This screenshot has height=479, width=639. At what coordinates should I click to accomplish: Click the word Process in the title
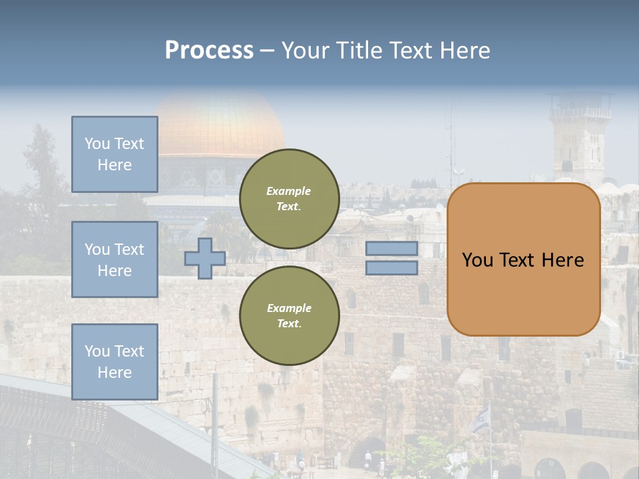coord(209,51)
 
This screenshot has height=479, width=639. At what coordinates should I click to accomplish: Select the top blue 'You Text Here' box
coord(114,154)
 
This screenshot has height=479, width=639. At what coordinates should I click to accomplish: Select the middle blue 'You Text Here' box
coord(114,259)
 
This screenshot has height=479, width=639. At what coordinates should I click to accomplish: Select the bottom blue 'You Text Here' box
coord(114,361)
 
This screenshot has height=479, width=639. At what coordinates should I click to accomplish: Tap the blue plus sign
coord(205,258)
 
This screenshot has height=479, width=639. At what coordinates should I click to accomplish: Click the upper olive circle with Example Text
coord(289,198)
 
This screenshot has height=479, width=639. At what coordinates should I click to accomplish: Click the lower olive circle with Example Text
coord(289,315)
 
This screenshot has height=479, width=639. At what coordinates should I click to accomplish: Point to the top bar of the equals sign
coord(392,248)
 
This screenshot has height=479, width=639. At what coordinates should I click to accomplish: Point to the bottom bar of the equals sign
coord(392,267)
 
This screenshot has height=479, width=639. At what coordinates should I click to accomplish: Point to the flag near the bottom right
coord(481,419)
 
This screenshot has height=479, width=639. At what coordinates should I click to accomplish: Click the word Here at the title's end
coord(466,51)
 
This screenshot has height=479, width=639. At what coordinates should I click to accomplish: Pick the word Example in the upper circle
coord(289,191)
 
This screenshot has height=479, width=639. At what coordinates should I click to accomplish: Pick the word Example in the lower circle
coord(289,308)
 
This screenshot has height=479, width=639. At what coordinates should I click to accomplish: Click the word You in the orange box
coord(477,260)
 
